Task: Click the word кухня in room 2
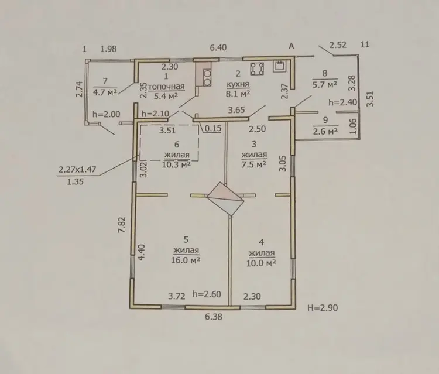[238, 84]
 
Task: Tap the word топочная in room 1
[166, 86]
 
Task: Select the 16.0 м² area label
[186, 260]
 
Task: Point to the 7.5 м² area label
[253, 164]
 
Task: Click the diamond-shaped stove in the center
[225, 199]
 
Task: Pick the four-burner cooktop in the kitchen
[258, 68]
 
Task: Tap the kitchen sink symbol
[280, 66]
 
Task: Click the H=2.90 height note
[323, 308]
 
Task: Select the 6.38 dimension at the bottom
[214, 317]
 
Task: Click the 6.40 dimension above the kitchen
[218, 47]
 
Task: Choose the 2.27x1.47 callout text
[77, 169]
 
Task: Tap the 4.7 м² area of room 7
[105, 92]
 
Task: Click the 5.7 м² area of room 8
[325, 84]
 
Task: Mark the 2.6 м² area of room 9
[325, 131]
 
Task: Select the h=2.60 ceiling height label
[207, 294]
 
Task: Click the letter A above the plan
[291, 46]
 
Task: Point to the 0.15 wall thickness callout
[213, 128]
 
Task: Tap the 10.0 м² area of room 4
[261, 263]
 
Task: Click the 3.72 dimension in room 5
[177, 296]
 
